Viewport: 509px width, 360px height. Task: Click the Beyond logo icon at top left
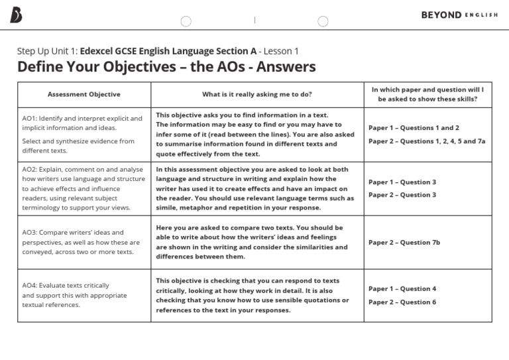(17, 15)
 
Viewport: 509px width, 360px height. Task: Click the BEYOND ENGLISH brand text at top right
(459, 15)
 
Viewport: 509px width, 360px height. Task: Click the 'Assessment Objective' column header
(84, 94)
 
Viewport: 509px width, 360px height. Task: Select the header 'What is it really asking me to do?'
(257, 94)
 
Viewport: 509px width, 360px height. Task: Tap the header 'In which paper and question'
(427, 94)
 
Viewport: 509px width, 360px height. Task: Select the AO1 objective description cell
(84, 135)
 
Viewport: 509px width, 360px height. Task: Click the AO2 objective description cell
(84, 188)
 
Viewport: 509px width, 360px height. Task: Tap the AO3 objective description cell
(84, 242)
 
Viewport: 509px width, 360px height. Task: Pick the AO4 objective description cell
(84, 295)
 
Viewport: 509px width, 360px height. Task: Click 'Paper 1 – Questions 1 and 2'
(414, 128)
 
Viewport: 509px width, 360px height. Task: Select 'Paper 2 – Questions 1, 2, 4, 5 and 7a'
(427, 141)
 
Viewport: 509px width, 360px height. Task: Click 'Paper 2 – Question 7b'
(404, 243)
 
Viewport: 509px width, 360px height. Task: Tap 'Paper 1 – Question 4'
(402, 289)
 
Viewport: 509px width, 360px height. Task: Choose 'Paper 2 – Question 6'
(402, 302)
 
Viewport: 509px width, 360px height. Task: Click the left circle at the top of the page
(186, 21)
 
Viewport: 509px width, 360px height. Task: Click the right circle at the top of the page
(323, 21)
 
